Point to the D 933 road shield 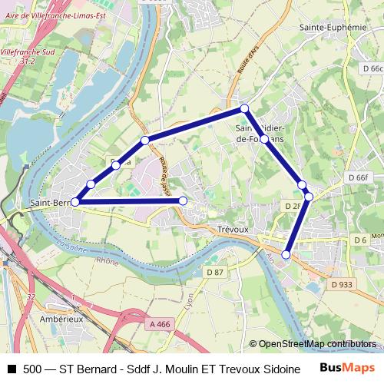[342, 284]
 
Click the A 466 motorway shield [159, 325]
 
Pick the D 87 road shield [215, 272]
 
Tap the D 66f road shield [358, 177]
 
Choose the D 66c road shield [371, 68]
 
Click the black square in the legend [11, 369]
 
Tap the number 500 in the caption [33, 369]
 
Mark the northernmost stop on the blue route [244, 108]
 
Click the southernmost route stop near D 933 [286, 254]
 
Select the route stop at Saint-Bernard [74, 202]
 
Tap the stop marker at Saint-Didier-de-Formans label [264, 139]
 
